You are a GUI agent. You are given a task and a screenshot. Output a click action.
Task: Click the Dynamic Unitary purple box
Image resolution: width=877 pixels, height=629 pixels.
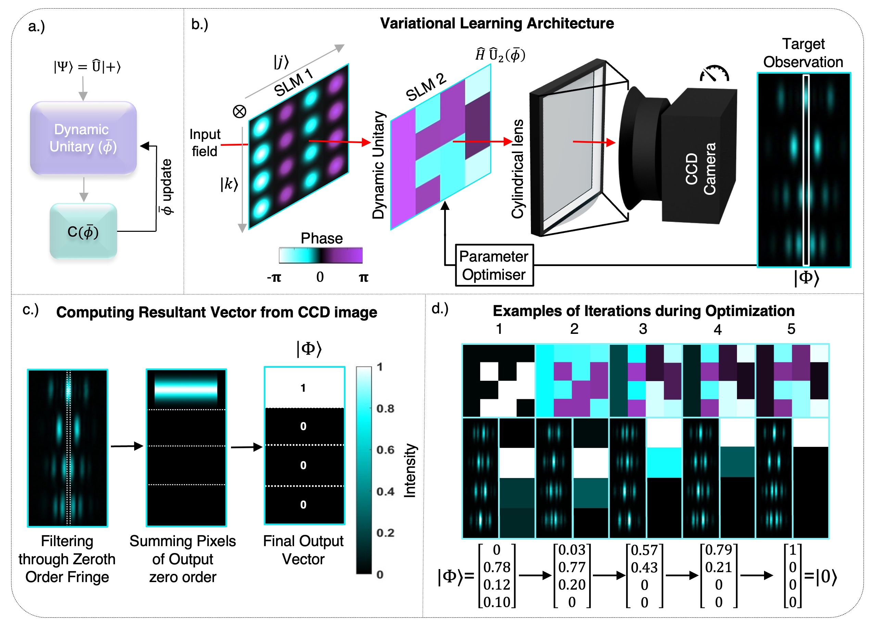coord(83,138)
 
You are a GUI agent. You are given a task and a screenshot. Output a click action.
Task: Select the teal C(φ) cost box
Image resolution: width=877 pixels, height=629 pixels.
coord(83,231)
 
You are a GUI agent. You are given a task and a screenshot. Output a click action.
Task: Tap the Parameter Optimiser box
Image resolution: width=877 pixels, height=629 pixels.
coord(494,265)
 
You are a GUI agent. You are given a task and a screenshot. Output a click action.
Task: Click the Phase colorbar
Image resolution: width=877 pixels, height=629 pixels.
coord(320,255)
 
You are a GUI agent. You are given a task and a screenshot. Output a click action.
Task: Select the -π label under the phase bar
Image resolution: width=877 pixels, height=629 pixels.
coord(274,277)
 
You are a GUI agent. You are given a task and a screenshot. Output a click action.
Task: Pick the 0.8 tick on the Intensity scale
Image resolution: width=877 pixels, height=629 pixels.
coord(385,408)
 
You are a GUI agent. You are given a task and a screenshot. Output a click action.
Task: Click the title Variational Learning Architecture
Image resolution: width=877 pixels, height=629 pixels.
coord(497,23)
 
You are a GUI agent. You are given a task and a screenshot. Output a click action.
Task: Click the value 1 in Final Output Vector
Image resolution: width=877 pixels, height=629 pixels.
coord(303,388)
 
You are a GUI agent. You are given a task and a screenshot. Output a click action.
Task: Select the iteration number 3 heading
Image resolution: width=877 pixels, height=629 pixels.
coord(643,329)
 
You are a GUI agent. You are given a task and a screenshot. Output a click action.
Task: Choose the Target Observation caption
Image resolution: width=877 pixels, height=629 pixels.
coord(803,53)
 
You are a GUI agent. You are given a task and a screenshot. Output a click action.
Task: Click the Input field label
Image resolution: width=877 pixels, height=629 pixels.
coord(205,142)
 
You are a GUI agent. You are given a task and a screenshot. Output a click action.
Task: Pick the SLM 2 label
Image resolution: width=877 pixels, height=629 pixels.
coord(426,87)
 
